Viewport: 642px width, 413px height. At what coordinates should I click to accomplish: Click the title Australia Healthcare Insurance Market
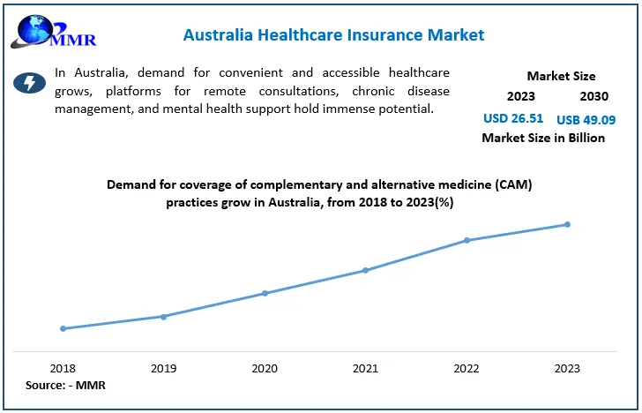pos(333,35)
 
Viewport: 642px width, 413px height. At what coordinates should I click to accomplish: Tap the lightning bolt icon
pos(30,83)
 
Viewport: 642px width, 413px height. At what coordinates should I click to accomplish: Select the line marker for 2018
pos(63,328)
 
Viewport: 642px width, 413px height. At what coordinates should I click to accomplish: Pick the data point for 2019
pos(164,316)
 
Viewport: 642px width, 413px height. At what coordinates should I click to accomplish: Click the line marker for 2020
pos(265,293)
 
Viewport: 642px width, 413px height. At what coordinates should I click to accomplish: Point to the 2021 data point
pos(366,270)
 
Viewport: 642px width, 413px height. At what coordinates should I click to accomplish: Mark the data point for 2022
pos(467,240)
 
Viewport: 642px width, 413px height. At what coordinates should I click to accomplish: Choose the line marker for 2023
pos(567,224)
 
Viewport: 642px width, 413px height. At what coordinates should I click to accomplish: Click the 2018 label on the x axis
pos(63,368)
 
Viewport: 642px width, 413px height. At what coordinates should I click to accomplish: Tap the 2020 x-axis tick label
pos(265,368)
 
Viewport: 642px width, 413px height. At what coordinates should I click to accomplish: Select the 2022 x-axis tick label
pos(467,368)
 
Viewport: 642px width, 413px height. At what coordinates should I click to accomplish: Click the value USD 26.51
pos(513,117)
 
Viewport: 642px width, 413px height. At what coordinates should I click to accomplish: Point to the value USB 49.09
pos(586,118)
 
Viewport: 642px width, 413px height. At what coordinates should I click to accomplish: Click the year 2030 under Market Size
pos(593,96)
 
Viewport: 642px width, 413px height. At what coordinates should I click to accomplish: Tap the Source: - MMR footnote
pos(65,386)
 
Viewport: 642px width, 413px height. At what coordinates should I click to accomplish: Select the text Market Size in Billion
pos(542,138)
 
